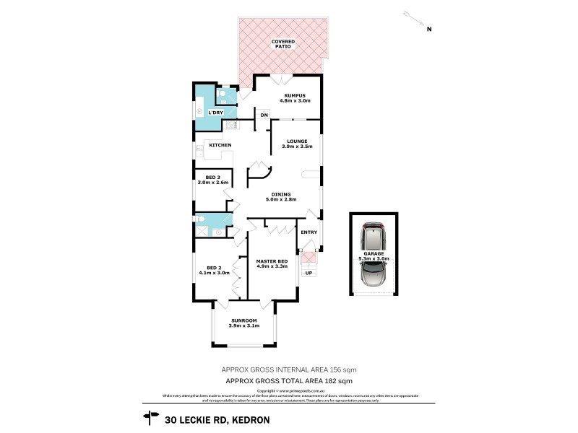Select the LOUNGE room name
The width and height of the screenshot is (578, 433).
296,141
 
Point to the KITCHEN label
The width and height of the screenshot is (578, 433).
220,146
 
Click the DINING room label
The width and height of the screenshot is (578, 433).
281,194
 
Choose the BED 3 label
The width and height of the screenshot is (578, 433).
212,177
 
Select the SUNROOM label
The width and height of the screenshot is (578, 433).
243,320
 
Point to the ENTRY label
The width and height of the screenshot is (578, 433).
309,232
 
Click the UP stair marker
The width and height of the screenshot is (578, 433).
309,274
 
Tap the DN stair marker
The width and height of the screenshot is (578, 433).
264,115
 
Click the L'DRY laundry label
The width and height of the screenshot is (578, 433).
215,113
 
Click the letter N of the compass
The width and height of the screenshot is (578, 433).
428,30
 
